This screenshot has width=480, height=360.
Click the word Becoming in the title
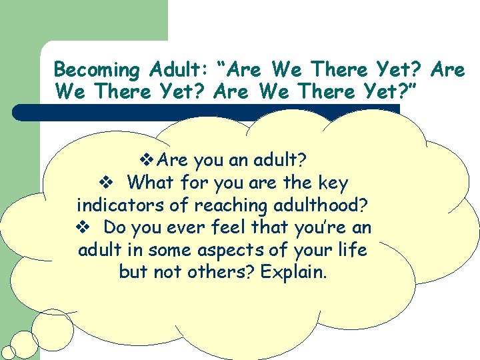coord(97,71)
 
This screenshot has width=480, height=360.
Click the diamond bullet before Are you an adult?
coord(149,160)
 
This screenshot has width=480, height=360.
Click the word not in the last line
coord(171,273)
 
